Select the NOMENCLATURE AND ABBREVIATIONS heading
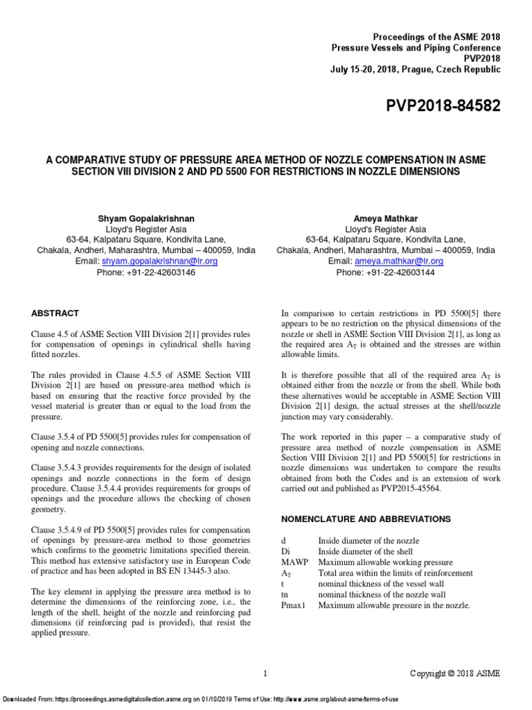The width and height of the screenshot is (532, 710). tap(365, 519)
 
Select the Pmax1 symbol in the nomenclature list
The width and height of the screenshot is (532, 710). tap(294, 605)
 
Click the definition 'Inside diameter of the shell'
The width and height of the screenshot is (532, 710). tap(368, 551)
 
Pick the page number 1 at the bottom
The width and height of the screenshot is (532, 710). tap(266, 673)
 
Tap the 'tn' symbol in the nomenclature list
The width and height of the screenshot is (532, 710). tap(285, 595)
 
